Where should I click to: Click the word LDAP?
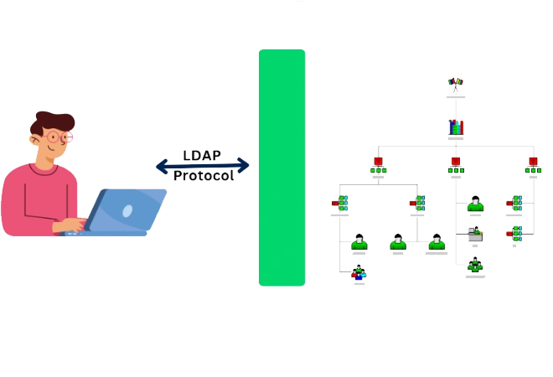pos(202,155)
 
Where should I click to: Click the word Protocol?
pos(203,176)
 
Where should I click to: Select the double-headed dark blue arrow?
pos(203,166)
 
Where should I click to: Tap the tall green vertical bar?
pos(282,168)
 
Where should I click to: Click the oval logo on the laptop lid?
pos(127,212)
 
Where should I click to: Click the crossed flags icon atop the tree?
pos(455,84)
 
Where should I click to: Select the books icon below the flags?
pos(455,127)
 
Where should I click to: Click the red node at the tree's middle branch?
pos(455,161)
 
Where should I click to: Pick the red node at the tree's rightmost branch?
pos(533,161)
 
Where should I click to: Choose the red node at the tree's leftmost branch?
pos(378,161)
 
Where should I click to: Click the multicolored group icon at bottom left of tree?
pos(359,271)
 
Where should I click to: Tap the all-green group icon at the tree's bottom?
pos(475,266)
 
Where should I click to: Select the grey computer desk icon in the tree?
pos(475,235)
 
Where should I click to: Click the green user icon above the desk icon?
pos(475,204)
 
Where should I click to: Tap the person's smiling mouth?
pos(52,151)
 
